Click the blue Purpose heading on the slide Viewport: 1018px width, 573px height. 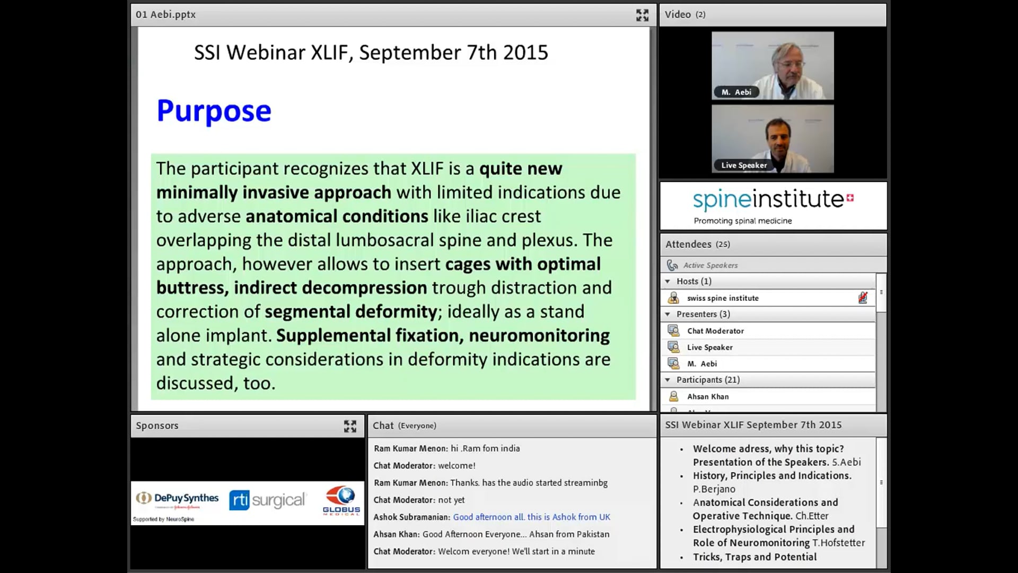214,111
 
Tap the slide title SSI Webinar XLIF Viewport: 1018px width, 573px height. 371,53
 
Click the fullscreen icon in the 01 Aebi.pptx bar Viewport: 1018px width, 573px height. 642,15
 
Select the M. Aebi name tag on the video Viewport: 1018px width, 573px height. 736,92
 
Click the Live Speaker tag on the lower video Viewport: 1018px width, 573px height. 743,166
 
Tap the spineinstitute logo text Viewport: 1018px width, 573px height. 768,199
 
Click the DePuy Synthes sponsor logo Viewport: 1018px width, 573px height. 178,499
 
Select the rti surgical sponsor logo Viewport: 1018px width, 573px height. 267,500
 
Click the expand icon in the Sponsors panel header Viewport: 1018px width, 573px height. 350,426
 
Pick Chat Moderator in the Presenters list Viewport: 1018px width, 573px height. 715,331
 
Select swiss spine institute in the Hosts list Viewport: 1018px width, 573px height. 723,298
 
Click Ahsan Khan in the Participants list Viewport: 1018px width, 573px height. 708,397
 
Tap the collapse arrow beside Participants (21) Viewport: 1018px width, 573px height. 668,380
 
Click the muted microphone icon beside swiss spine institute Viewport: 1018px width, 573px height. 863,298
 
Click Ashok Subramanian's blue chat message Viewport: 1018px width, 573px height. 531,517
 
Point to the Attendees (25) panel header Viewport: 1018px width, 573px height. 698,245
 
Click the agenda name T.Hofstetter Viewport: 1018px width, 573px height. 838,543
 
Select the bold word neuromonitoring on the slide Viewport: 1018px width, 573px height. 539,336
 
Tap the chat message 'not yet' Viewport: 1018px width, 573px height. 451,500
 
